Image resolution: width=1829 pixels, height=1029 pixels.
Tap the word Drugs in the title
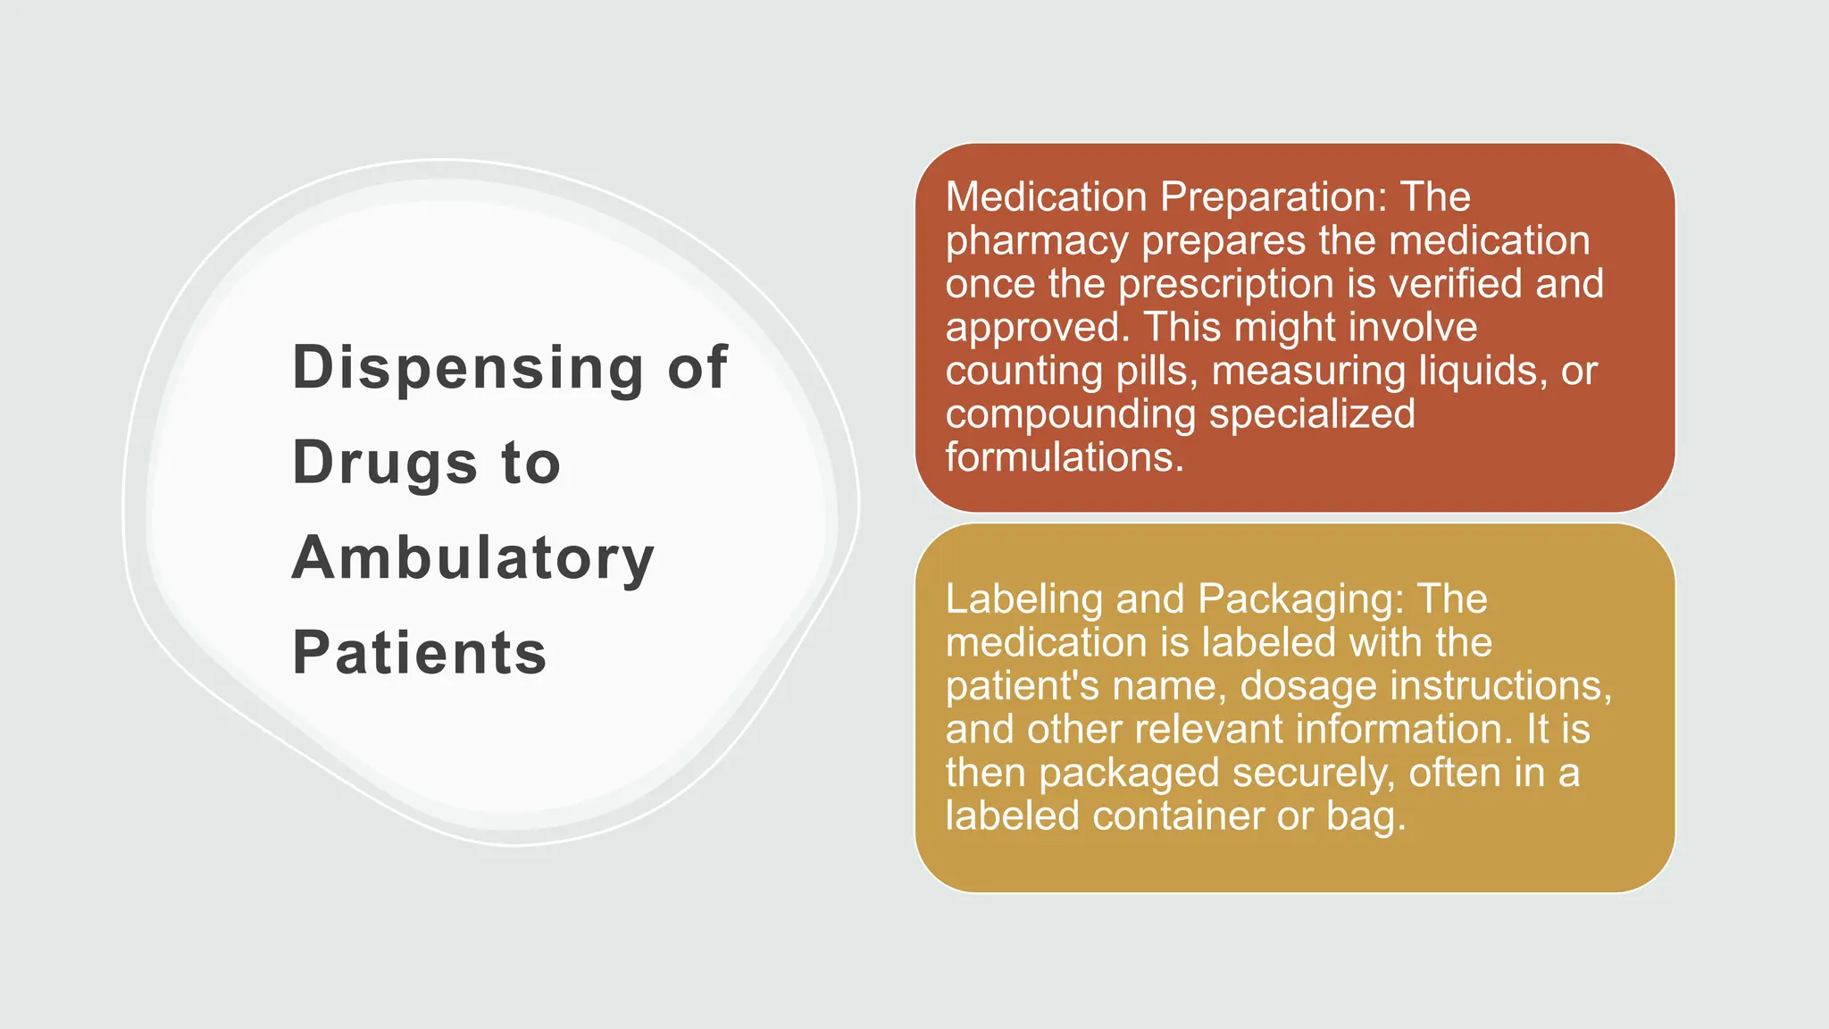point(385,463)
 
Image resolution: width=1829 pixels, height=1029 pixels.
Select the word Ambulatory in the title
point(473,558)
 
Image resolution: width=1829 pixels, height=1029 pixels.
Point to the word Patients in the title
point(419,653)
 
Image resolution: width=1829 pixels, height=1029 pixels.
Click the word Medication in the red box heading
point(1046,197)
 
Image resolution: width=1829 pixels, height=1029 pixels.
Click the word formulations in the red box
point(1064,457)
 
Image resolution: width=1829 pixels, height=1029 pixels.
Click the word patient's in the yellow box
point(1022,686)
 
